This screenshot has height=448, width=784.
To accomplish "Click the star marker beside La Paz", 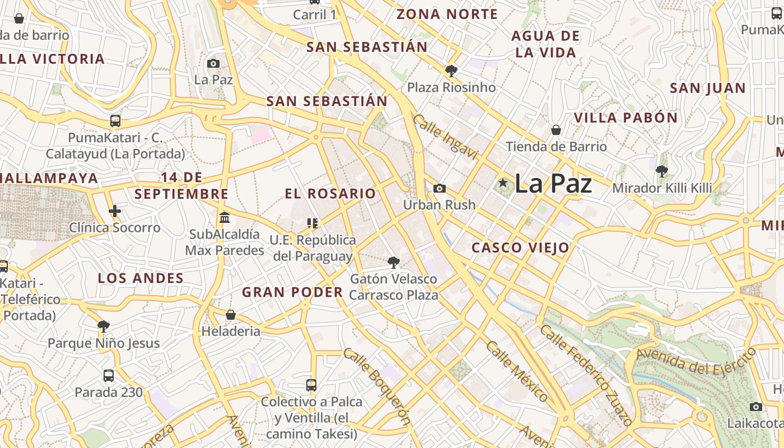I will click(x=503, y=183).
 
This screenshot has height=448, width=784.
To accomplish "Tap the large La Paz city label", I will click(x=553, y=184).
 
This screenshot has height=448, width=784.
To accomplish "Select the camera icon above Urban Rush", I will click(x=440, y=189).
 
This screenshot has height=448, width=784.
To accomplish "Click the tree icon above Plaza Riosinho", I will click(x=451, y=71).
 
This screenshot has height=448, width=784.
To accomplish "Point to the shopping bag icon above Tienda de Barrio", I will click(x=556, y=130).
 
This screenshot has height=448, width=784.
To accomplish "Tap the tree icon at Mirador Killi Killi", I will click(x=662, y=171).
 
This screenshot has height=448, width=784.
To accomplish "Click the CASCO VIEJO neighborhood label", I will click(x=520, y=248).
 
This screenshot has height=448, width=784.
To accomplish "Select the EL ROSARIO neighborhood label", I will click(x=330, y=194).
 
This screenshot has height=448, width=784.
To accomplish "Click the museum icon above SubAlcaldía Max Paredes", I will click(x=225, y=217).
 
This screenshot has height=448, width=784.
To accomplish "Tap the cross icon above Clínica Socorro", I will click(x=115, y=211).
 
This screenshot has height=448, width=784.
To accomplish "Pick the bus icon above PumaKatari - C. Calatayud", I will click(x=115, y=121).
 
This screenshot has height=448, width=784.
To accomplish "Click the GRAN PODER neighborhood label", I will click(x=292, y=292).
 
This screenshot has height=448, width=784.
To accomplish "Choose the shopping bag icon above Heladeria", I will click(x=231, y=315).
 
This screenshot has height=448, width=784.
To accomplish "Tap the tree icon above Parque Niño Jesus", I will click(x=104, y=326).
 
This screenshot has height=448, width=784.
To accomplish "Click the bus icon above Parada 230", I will click(x=109, y=376).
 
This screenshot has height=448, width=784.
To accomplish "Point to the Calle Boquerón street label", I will click(x=377, y=386).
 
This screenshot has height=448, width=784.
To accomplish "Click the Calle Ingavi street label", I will click(x=446, y=137).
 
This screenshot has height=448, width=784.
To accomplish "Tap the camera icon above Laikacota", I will click(x=756, y=407).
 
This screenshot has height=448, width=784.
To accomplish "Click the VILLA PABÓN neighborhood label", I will click(x=626, y=118).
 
